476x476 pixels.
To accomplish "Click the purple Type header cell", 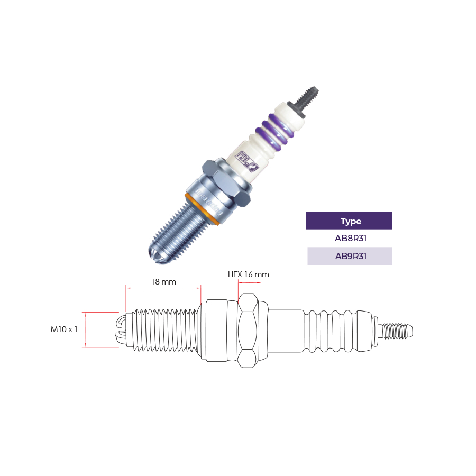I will point(349,221).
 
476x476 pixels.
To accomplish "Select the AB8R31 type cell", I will point(349,238).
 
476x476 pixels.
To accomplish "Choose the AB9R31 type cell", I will point(349,256).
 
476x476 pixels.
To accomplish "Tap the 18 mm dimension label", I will point(163,282).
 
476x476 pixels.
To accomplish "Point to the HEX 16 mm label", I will point(249,274).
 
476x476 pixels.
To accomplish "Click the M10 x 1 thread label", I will point(64,329).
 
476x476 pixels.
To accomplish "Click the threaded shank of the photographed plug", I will point(177,233).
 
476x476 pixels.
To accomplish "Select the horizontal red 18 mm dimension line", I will point(163,288).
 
